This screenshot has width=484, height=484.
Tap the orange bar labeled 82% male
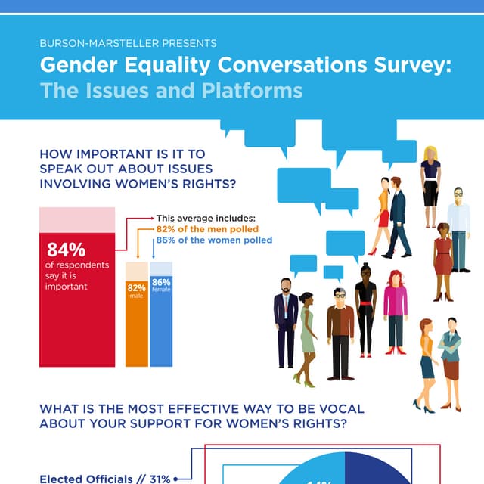[136, 325]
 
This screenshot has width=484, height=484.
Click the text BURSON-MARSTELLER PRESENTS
[128, 43]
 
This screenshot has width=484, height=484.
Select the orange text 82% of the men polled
[207, 229]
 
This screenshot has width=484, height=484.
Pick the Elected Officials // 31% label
[105, 478]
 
